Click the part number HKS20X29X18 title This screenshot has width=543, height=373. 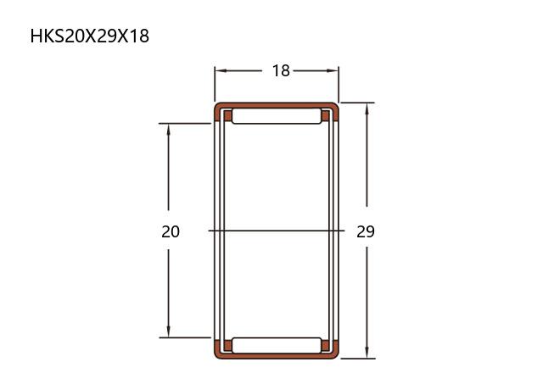90,36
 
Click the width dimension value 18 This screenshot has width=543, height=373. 281,70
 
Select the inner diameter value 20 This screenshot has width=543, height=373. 171,231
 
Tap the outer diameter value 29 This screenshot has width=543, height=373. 366,231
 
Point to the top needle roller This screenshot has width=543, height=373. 277,116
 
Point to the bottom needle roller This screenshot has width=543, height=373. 277,345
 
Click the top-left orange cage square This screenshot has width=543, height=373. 227,115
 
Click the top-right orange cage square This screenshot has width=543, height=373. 325,115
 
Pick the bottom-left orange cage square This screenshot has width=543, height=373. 227,345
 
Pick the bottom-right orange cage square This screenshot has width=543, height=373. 325,345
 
